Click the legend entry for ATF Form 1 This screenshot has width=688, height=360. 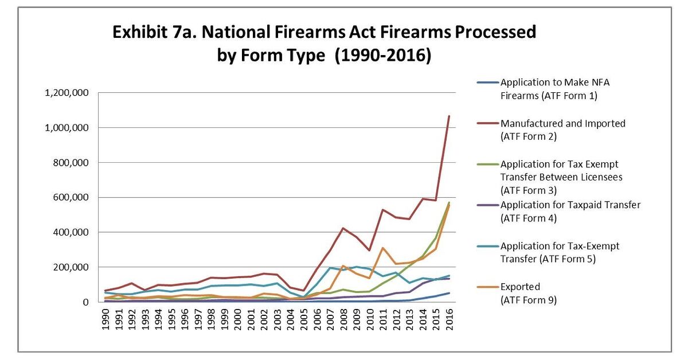tap(548, 89)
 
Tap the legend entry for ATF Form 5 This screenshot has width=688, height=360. tap(559, 252)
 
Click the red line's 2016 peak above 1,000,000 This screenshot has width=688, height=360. tap(449, 116)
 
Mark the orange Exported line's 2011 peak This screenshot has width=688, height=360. tap(383, 248)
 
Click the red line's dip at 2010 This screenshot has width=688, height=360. tap(370, 250)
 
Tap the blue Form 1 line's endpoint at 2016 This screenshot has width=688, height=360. tap(449, 293)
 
